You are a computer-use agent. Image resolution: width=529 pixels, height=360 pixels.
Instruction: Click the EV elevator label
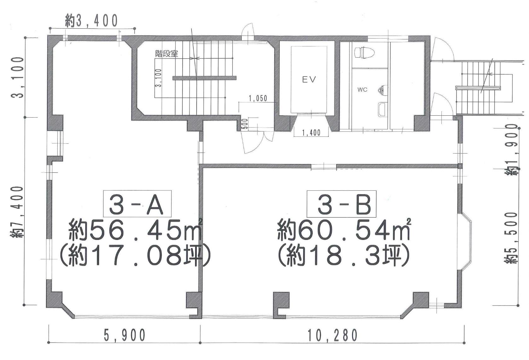(309, 80)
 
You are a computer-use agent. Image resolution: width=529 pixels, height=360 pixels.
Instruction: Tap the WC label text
(362, 90)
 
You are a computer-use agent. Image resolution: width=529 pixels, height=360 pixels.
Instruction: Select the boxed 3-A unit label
(137, 204)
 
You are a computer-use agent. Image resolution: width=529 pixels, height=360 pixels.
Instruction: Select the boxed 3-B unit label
(341, 204)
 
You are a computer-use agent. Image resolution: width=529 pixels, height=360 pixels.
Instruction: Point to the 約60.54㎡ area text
(344, 229)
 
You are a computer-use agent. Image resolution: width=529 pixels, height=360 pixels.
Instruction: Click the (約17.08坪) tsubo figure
(135, 256)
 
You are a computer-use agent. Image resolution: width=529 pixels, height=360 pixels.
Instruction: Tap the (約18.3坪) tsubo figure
(343, 256)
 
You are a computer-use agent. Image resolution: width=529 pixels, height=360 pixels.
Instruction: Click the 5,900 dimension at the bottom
(125, 335)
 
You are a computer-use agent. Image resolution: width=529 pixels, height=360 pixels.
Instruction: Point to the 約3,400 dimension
(91, 21)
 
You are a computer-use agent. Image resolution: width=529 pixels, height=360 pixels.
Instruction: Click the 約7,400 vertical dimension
(17, 212)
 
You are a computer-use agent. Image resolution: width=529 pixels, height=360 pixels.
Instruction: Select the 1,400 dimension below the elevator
(311, 133)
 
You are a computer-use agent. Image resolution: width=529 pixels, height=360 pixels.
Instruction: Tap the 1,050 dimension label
(258, 98)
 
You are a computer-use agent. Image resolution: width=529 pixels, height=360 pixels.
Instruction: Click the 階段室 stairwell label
(166, 54)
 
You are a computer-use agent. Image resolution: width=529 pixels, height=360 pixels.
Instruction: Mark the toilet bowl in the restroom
(364, 52)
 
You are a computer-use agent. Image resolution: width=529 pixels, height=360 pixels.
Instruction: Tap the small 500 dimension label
(245, 124)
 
